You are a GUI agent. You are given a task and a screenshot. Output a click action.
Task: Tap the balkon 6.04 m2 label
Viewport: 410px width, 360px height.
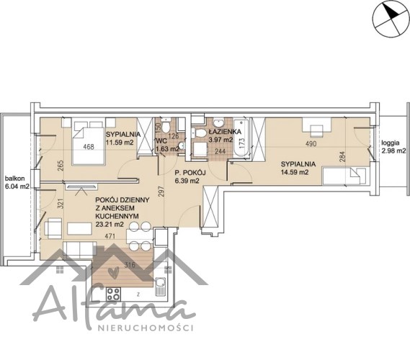(x=17, y=182)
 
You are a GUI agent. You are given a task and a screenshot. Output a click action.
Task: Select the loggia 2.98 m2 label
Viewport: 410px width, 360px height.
(x=393, y=147)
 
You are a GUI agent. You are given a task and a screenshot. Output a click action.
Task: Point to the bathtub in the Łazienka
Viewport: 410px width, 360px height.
(x=241, y=138)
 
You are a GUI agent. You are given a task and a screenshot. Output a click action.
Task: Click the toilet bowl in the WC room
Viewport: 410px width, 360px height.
(x=166, y=126)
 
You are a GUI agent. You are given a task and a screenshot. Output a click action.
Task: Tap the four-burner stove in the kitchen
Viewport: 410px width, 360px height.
(x=113, y=293)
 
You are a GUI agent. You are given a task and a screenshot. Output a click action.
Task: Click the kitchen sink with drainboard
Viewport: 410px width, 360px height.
(x=160, y=287)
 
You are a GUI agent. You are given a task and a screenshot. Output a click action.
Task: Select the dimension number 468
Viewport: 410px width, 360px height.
(x=89, y=147)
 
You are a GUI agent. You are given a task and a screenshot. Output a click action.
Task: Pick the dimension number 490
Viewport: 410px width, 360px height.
(x=311, y=144)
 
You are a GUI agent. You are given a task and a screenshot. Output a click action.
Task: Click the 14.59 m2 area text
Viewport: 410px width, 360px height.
(x=295, y=172)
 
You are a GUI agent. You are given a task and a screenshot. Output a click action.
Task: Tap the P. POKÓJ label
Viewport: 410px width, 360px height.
(x=190, y=173)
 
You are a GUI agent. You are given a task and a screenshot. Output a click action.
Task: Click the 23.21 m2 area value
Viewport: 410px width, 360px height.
(x=110, y=224)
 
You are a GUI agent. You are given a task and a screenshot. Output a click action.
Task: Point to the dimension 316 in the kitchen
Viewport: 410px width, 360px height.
(x=130, y=265)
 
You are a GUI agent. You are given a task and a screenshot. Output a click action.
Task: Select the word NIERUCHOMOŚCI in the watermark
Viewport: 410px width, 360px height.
(x=146, y=328)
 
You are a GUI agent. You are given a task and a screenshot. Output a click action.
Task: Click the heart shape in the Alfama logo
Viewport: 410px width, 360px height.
(x=113, y=272)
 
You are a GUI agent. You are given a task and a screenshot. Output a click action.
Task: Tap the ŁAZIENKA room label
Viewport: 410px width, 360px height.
(x=225, y=132)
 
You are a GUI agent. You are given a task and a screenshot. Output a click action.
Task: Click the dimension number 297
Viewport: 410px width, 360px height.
(x=161, y=192)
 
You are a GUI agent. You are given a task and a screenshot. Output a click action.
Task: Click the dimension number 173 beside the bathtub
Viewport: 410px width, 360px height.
(x=241, y=142)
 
